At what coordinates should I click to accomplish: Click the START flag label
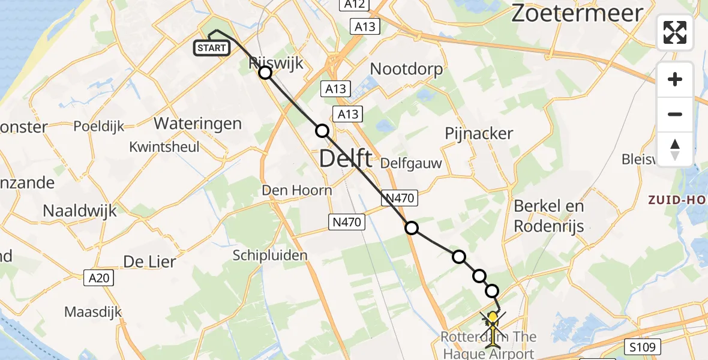211,48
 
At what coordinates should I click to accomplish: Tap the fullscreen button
675,32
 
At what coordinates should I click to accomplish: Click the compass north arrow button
675,149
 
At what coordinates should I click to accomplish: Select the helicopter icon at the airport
493,326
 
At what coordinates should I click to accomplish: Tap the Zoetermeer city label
577,13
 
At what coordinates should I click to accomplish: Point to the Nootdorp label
406,69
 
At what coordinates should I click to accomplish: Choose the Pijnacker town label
479,133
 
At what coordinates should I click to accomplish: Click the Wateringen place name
198,124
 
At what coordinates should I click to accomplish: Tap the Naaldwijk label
80,211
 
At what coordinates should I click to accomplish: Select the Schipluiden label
270,255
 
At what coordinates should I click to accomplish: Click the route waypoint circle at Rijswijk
265,73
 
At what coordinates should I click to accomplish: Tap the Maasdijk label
93,312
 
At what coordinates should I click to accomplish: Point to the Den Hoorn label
297,190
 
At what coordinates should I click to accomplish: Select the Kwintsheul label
164,146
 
